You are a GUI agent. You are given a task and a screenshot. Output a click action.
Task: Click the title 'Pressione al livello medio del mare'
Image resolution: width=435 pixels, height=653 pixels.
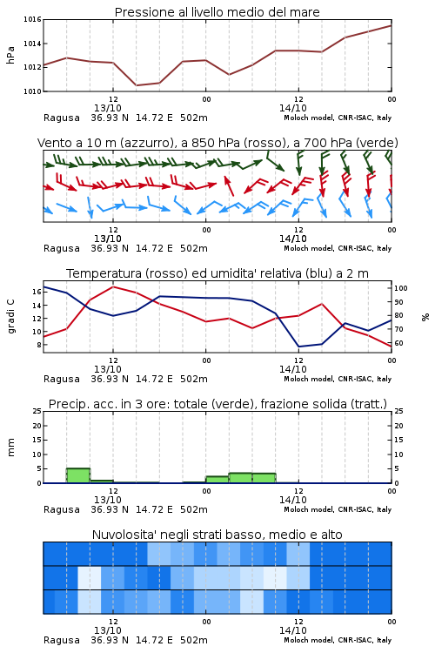pyautogui.click(x=217, y=12)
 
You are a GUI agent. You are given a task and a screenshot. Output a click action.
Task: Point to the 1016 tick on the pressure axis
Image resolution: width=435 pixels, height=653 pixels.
pyautogui.click(x=32, y=19)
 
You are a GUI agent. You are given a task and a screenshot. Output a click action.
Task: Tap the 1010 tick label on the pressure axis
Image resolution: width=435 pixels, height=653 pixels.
pyautogui.click(x=32, y=91)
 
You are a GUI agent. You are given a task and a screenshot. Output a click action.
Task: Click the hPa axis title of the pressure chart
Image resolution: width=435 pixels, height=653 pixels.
pyautogui.click(x=10, y=55)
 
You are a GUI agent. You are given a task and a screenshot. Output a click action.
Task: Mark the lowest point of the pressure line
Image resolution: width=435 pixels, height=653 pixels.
pyautogui.click(x=136, y=85)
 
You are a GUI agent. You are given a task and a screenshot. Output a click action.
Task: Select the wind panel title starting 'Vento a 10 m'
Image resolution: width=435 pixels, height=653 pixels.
pyautogui.click(x=217, y=143)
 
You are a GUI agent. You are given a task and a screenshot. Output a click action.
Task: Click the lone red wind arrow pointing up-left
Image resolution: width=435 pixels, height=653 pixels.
pyautogui.click(x=229, y=185)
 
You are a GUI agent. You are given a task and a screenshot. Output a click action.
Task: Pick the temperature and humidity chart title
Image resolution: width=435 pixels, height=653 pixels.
pyautogui.click(x=217, y=273)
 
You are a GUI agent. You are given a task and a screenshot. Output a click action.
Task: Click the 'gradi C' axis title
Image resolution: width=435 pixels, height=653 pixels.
pyautogui.click(x=11, y=317)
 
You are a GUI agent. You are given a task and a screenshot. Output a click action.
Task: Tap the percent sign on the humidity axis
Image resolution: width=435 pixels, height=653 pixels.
pyautogui.click(x=425, y=317)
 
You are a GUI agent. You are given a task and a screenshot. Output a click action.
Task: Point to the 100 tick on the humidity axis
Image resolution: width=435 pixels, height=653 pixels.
pyautogui.click(x=401, y=288)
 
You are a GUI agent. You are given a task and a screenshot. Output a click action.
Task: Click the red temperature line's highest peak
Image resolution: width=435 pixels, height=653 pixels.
pyautogui.click(x=113, y=287)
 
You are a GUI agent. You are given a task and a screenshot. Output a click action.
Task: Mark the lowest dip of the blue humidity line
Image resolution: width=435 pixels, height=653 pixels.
pyautogui.click(x=298, y=347)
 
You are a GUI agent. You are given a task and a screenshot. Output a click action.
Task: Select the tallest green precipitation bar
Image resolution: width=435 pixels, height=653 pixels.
pyautogui.click(x=78, y=475)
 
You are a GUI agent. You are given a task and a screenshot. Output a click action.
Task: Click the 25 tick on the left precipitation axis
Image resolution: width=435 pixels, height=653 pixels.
pyautogui.click(x=37, y=411)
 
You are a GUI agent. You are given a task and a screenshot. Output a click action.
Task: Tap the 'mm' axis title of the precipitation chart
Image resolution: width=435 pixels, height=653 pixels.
pyautogui.click(x=10, y=448)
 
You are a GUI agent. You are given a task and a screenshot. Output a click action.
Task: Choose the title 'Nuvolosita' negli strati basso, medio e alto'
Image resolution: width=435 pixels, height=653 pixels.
pyautogui.click(x=217, y=535)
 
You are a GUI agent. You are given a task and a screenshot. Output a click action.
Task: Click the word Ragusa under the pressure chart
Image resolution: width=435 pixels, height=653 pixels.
pyautogui.click(x=62, y=118)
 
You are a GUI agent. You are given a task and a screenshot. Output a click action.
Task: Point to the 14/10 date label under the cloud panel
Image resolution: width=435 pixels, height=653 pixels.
pyautogui.click(x=293, y=630)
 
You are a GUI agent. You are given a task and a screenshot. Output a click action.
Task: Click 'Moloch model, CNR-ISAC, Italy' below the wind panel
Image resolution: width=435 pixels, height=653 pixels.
pyautogui.click(x=338, y=248)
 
